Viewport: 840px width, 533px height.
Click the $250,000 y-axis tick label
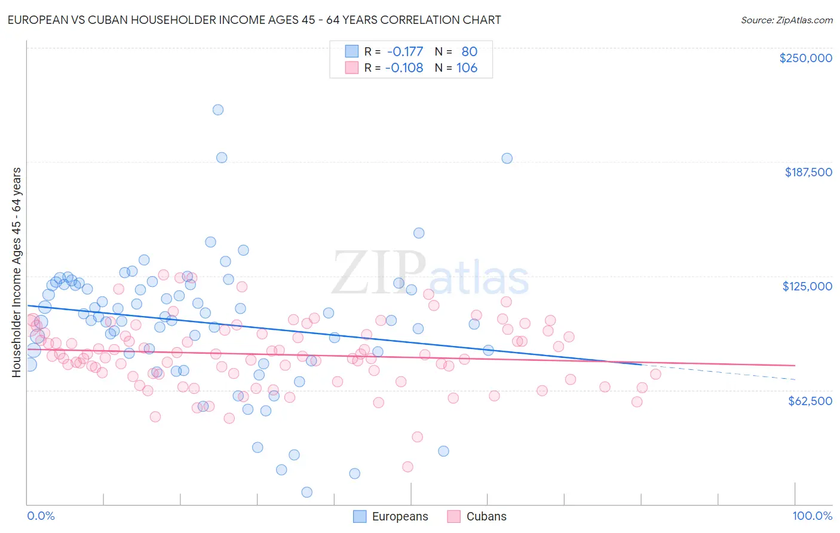point(805,58)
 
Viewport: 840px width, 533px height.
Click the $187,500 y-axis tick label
point(808,172)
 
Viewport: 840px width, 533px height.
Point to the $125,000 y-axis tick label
point(807,286)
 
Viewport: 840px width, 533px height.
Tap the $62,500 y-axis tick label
point(810,401)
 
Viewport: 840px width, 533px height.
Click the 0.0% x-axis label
point(41,516)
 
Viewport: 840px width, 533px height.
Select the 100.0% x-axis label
point(812,516)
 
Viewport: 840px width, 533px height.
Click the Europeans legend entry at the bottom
point(400,516)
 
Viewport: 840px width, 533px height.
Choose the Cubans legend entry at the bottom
point(486,516)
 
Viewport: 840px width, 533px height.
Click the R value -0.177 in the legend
point(404,51)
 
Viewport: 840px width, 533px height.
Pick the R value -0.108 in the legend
point(404,68)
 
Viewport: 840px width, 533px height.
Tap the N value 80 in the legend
point(469,51)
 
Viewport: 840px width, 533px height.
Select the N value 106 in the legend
point(467,68)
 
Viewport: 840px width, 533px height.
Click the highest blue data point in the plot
point(218,109)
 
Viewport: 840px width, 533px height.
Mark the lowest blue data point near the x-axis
point(306,492)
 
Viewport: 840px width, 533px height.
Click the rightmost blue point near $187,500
point(507,158)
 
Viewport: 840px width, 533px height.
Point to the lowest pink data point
point(407,467)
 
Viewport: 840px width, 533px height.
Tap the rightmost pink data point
point(655,374)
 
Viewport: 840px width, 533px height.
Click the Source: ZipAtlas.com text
point(786,20)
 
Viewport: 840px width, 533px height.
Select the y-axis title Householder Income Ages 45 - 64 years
point(16,272)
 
